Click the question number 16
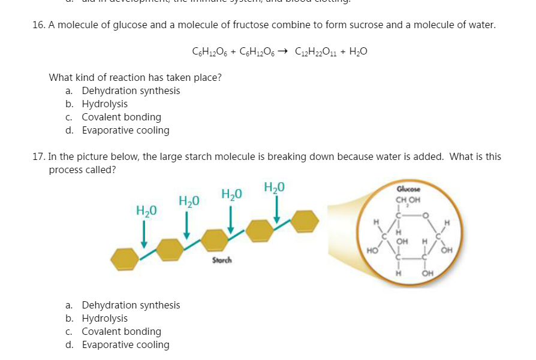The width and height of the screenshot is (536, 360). pos(38,25)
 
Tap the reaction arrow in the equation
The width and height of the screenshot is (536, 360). pos(285,52)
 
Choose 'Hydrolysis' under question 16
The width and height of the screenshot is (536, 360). pos(104,104)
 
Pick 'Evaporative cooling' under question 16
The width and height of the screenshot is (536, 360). pos(125,131)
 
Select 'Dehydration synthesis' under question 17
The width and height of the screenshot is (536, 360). pos(131,305)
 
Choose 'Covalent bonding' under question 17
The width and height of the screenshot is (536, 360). pos(121,332)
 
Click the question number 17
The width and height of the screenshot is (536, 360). pos(38,157)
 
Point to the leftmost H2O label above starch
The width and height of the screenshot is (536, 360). pos(146,210)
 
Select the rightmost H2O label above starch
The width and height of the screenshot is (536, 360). pos(274,186)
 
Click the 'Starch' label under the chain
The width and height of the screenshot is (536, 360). pos(221,261)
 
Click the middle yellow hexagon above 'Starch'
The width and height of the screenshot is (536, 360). pos(215,240)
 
